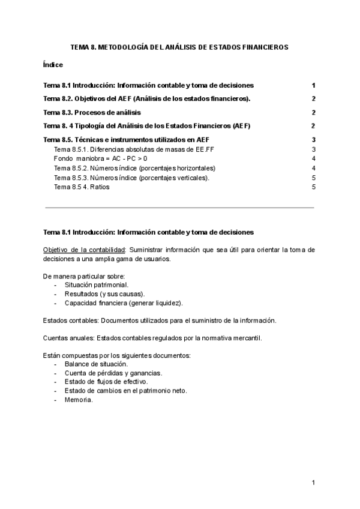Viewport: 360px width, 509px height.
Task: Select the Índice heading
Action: pos(53,64)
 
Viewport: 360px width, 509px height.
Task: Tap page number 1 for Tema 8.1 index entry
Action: pos(313,85)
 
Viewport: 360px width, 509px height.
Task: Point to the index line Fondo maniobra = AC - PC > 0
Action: pos(100,158)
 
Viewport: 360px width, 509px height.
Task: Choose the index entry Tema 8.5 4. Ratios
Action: pos(82,187)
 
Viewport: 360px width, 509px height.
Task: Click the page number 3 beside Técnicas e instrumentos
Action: pos(313,140)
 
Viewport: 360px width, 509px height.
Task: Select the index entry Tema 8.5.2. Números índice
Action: pos(134,168)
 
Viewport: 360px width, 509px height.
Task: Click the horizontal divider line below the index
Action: pos(179,208)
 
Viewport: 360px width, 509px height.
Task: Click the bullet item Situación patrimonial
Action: pos(92,285)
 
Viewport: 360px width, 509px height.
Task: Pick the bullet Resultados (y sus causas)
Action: pos(100,294)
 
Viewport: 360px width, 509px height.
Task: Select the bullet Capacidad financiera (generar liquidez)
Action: pos(119,303)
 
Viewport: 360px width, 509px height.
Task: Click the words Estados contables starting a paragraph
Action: pos(67,321)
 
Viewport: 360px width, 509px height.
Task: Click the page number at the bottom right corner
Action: pos(313,482)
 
